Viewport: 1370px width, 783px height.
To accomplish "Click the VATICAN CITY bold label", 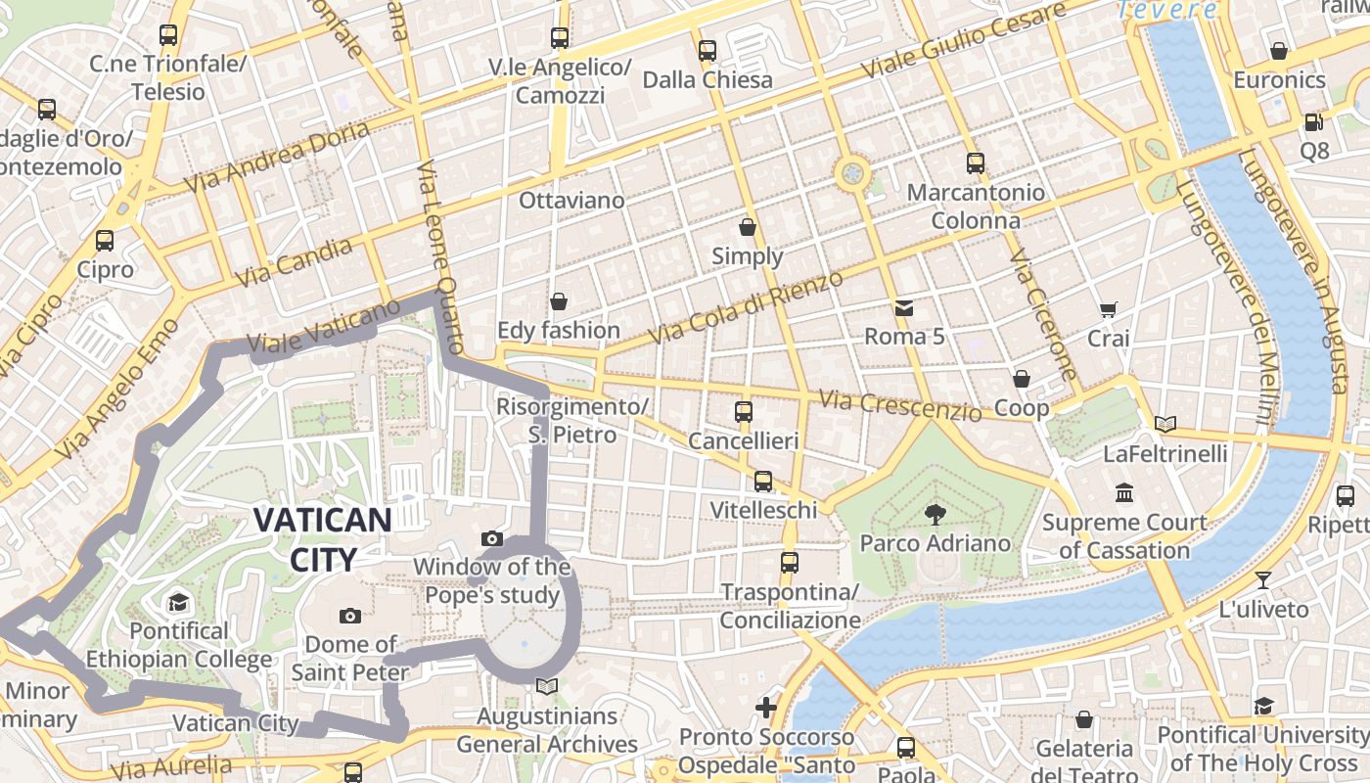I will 322,539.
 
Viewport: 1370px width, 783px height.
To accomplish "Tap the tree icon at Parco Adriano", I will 935,513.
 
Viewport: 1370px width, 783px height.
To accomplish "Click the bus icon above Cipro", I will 105,240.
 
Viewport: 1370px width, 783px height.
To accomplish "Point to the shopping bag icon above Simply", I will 748,227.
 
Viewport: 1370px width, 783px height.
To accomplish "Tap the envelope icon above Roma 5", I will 903,308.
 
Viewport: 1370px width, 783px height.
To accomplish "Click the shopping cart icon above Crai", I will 1108,310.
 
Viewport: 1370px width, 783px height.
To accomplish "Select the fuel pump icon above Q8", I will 1313,122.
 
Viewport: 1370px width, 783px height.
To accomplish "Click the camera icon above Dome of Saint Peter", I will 349,616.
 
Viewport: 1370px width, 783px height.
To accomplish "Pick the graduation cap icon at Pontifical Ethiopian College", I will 178,602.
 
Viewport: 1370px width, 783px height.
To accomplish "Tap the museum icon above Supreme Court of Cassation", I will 1123,493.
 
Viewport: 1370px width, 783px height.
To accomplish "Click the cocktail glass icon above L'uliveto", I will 1263,580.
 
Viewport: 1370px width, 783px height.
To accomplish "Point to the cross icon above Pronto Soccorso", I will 766,707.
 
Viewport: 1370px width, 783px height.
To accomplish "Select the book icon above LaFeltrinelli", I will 1164,425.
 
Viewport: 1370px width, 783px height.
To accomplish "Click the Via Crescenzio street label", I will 900,405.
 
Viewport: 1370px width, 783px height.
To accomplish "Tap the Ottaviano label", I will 571,201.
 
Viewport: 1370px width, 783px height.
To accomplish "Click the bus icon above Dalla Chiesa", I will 707,50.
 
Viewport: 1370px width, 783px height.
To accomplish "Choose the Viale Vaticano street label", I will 324,328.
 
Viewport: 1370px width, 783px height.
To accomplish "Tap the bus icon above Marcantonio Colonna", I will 975,163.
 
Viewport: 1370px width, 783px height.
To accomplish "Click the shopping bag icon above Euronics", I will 1278,51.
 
